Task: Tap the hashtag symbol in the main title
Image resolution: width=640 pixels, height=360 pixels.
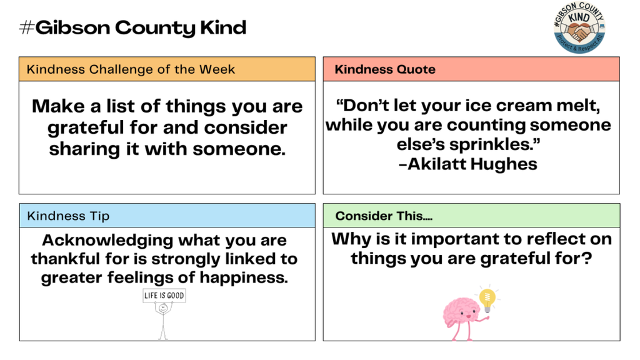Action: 26,27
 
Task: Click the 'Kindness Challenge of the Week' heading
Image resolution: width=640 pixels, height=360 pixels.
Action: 131,69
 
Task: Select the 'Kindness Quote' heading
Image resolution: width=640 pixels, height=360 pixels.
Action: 385,69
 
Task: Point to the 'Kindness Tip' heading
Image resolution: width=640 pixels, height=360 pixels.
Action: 68,216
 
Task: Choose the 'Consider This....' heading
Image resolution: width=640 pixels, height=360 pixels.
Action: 384,216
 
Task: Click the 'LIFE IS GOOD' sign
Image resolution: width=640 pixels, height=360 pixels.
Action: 164,296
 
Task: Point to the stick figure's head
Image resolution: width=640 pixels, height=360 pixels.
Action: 163,307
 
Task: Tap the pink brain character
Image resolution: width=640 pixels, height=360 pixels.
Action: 462,312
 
